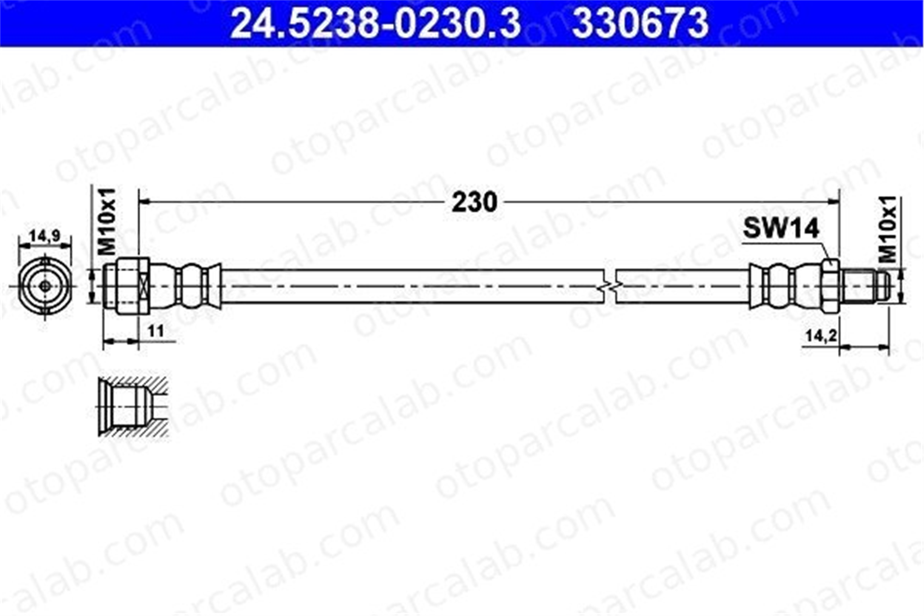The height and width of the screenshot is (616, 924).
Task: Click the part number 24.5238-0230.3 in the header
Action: (375, 23)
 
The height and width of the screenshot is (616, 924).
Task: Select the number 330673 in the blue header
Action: (640, 23)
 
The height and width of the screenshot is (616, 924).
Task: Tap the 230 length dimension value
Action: (474, 202)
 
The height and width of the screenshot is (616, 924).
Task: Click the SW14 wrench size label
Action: (781, 228)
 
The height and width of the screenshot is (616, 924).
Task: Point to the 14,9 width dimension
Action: (44, 236)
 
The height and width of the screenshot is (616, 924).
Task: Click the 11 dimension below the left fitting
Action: (156, 331)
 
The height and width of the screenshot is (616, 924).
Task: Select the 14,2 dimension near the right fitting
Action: (821, 335)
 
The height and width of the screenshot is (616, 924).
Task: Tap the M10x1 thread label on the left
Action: (107, 221)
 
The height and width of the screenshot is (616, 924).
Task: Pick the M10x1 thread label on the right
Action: (887, 229)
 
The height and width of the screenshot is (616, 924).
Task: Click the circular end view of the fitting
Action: (45, 286)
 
